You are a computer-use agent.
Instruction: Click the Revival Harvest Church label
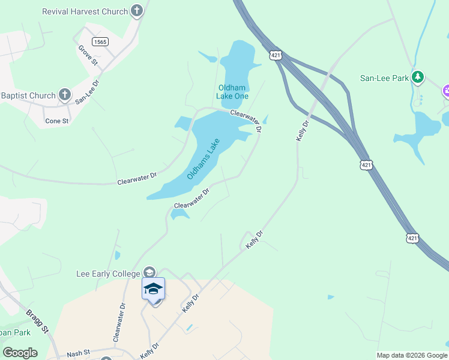point(85,11)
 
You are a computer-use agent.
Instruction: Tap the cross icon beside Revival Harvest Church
point(137,11)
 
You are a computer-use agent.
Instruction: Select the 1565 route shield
point(100,41)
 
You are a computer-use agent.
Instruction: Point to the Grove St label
point(87,55)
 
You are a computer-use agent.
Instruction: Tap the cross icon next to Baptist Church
point(65,95)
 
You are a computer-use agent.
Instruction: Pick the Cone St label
point(57,121)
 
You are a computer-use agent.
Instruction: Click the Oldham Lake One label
point(232,92)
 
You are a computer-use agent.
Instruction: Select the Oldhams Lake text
point(203,159)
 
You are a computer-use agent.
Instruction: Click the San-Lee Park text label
point(384,78)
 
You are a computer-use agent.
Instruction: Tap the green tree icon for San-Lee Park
point(418,77)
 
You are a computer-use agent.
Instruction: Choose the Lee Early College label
point(109,274)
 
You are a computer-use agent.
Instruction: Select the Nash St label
point(78,353)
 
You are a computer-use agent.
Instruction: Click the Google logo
point(20,353)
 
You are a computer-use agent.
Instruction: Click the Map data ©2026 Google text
point(412,355)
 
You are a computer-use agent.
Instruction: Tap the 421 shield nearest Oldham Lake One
point(276,55)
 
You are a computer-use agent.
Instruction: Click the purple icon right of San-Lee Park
point(446,91)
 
